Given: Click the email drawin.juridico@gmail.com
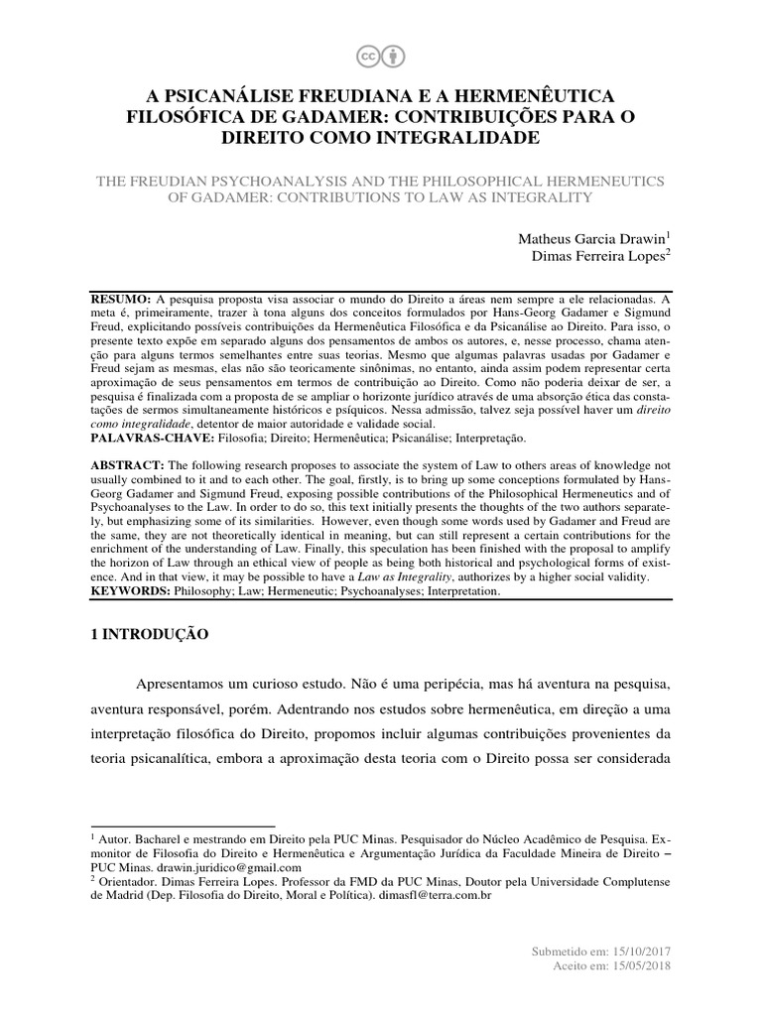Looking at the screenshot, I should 214,866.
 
